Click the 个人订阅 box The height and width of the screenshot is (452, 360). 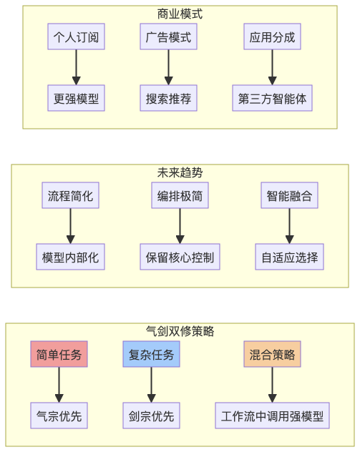point(75,37)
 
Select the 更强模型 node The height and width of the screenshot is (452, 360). point(75,99)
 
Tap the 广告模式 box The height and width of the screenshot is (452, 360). point(168,37)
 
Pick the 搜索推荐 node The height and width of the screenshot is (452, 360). point(168,99)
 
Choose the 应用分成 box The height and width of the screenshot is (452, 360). point(272,37)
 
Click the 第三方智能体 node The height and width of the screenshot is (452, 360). point(272,99)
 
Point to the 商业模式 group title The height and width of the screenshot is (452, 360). point(180,14)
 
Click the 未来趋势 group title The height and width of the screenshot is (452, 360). point(180,172)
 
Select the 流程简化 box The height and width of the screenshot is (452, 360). point(70,196)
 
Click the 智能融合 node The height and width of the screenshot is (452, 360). point(289,196)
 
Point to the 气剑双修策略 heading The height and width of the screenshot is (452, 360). point(180,331)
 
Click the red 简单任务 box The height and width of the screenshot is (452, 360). point(59,355)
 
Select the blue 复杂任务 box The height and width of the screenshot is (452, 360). point(151,355)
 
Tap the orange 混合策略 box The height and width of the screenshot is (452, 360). point(272,355)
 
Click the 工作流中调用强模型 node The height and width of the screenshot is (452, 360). point(272,416)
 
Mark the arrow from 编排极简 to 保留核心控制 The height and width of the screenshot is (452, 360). point(180,227)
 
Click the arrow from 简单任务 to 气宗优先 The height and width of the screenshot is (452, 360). point(59,385)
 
